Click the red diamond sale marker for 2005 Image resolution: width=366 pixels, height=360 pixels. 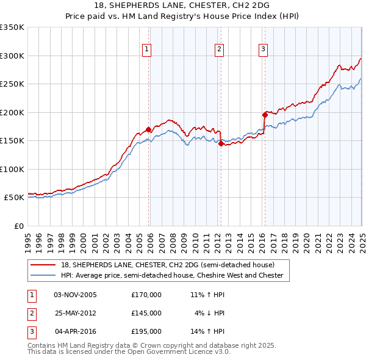148,129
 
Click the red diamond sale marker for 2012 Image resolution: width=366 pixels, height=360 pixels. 221,144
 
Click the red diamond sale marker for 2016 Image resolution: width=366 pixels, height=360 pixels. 265,115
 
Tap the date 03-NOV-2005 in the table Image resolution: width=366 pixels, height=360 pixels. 75,295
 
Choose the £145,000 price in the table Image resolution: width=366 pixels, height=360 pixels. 146,313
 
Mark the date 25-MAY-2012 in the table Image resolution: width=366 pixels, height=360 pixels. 75,313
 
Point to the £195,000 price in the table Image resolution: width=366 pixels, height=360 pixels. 146,331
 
